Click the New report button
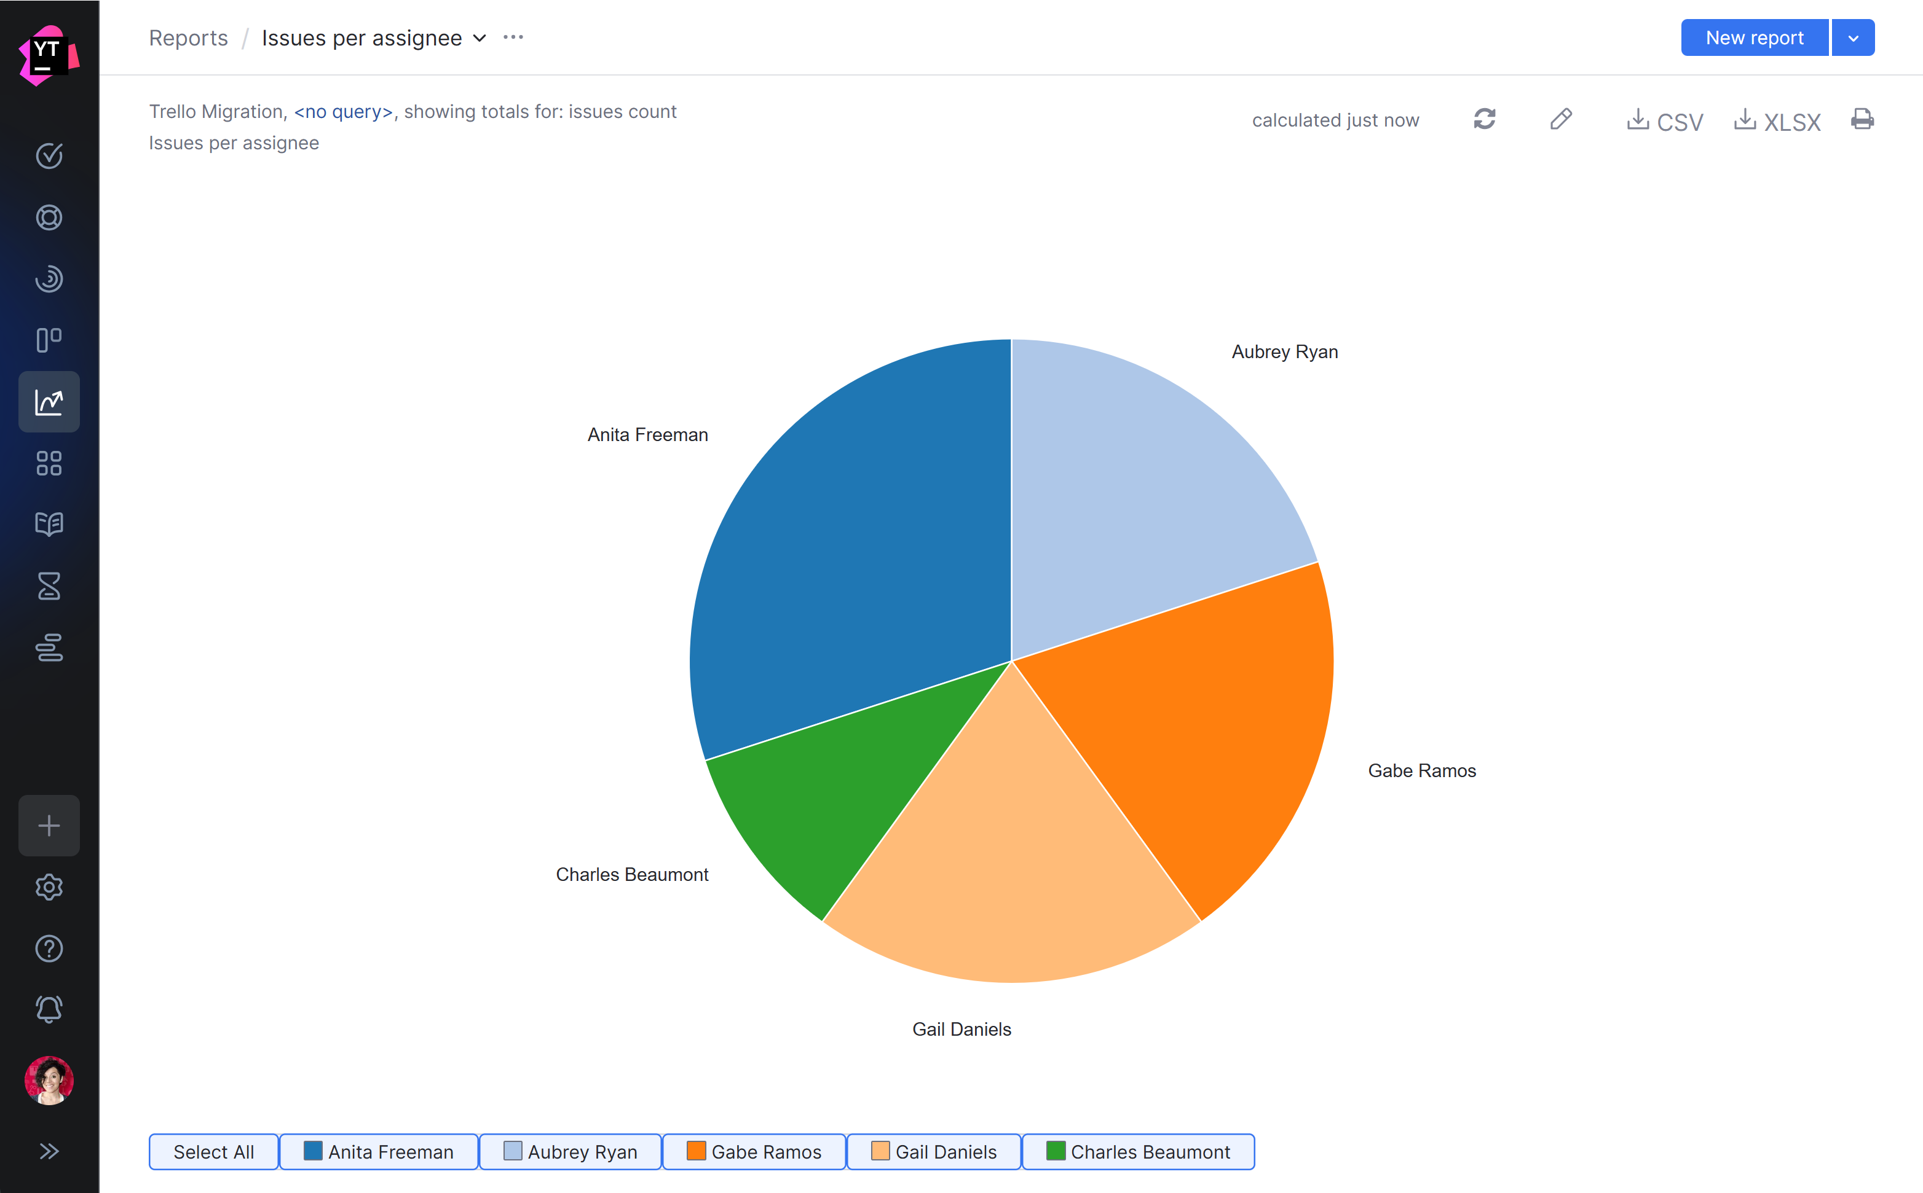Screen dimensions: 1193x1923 [x=1753, y=38]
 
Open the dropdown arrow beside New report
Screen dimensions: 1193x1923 [x=1853, y=38]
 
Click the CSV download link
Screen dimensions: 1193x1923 [x=1665, y=121]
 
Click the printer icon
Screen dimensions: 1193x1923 [x=1862, y=119]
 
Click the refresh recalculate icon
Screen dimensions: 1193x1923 [x=1484, y=119]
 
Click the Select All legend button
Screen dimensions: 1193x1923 [x=213, y=1152]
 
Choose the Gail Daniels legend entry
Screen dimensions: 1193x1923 [x=934, y=1152]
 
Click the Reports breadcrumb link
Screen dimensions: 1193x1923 [x=188, y=38]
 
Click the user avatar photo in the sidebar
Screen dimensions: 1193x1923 [x=49, y=1080]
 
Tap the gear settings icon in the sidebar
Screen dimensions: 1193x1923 [x=49, y=888]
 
